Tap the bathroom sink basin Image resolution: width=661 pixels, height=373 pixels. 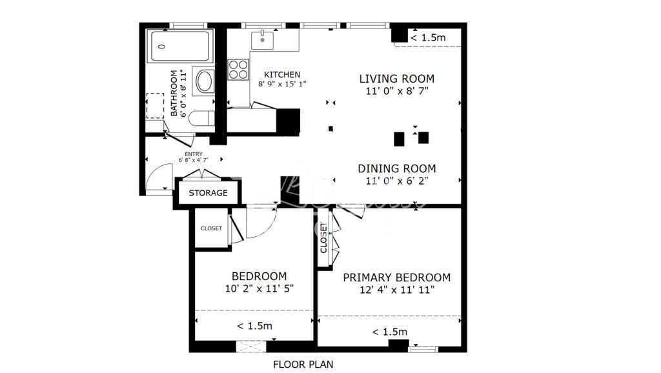(204, 82)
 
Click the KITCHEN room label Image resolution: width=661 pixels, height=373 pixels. (282, 75)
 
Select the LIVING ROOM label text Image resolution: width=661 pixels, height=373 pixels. (396, 79)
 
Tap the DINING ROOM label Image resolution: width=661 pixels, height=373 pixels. (396, 169)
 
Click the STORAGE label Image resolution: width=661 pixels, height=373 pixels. (208, 193)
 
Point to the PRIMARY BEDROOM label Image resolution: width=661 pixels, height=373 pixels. (396, 277)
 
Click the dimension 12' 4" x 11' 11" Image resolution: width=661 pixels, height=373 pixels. (396, 290)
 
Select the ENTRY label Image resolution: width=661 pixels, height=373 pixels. (194, 154)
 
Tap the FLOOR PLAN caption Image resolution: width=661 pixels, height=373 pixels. (303, 365)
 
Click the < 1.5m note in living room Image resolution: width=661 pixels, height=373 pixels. (428, 38)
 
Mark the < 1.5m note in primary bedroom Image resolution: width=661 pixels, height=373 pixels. (389, 332)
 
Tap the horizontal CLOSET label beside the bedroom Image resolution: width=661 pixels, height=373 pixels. (211, 228)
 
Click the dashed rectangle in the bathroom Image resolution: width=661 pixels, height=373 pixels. (156, 106)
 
